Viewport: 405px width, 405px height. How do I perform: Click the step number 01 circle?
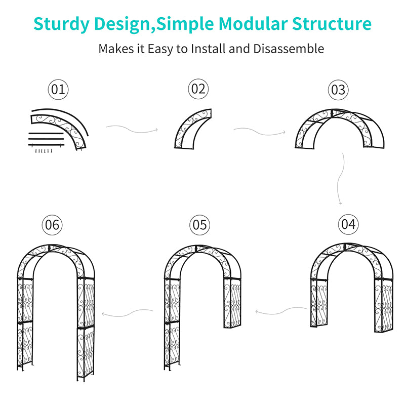point(58,90)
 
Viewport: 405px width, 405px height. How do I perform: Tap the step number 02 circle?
point(198,90)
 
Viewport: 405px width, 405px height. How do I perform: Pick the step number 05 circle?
point(200,224)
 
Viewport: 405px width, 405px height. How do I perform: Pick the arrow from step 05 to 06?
point(128,312)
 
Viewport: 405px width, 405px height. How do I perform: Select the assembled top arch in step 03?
point(339,127)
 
